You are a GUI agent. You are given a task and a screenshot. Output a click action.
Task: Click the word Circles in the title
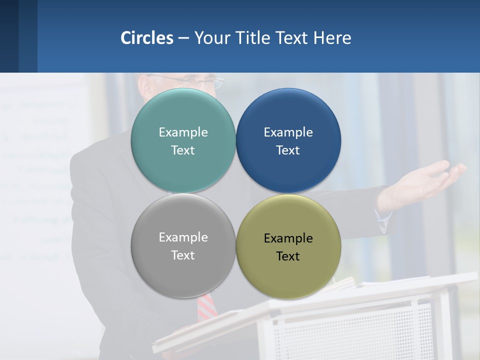pyautogui.click(x=146, y=38)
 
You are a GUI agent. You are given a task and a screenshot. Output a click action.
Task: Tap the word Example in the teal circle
pyautogui.click(x=183, y=132)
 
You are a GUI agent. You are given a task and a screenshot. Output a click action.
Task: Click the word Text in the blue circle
pyautogui.click(x=288, y=150)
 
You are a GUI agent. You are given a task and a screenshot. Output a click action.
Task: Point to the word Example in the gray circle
pyautogui.click(x=183, y=237)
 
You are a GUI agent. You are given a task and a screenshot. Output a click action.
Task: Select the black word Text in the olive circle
pyautogui.click(x=288, y=256)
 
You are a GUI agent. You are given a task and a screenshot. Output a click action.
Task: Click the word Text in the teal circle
pyautogui.click(x=183, y=150)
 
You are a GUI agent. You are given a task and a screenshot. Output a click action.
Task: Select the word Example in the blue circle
pyautogui.click(x=288, y=132)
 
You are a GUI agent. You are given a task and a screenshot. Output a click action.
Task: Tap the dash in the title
pyautogui.click(x=183, y=38)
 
